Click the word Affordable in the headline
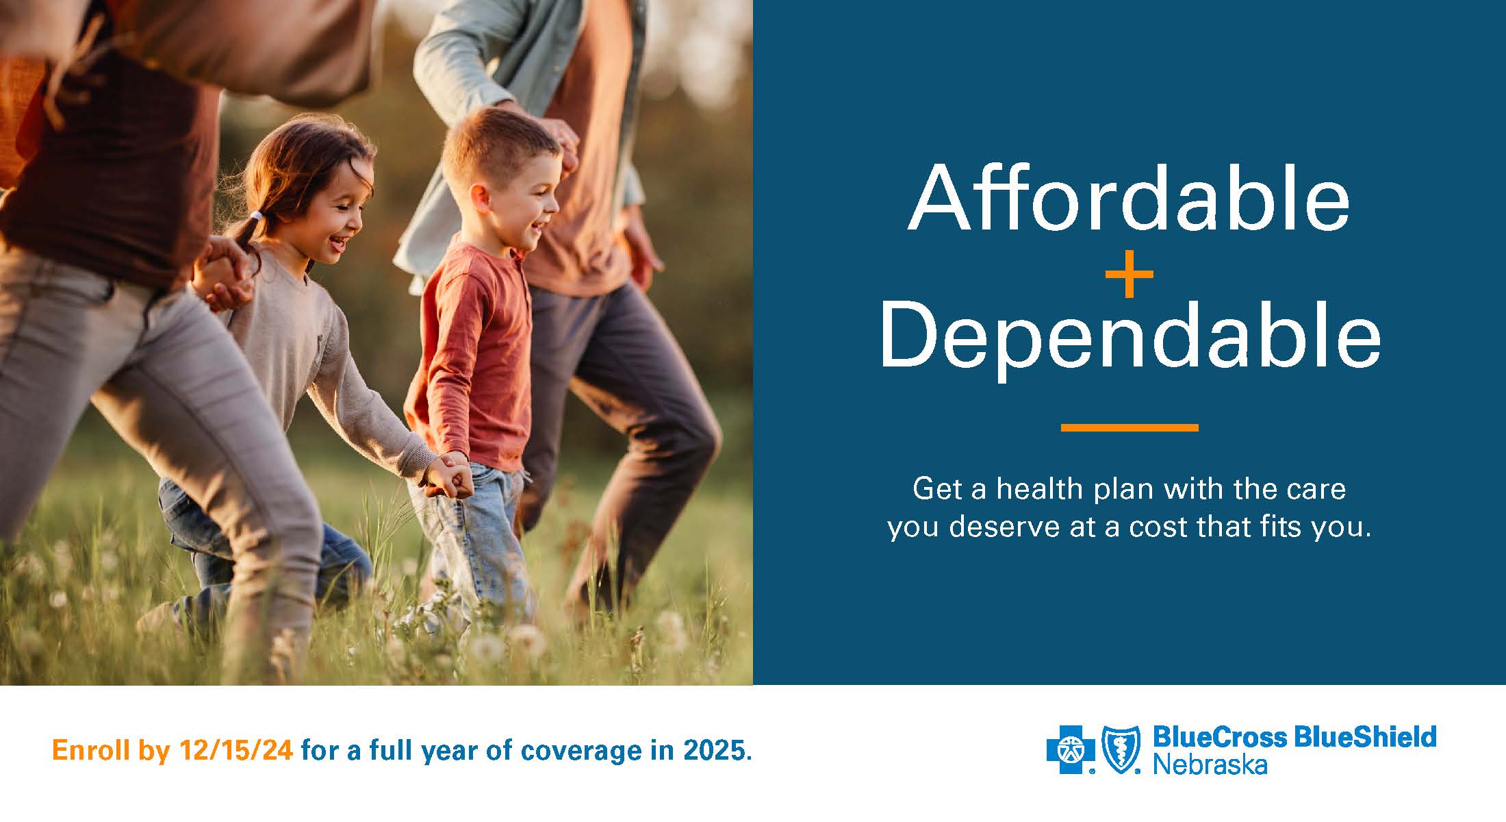1129,198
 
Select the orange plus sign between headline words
1129,275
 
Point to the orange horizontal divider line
1129,427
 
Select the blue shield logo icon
1121,749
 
